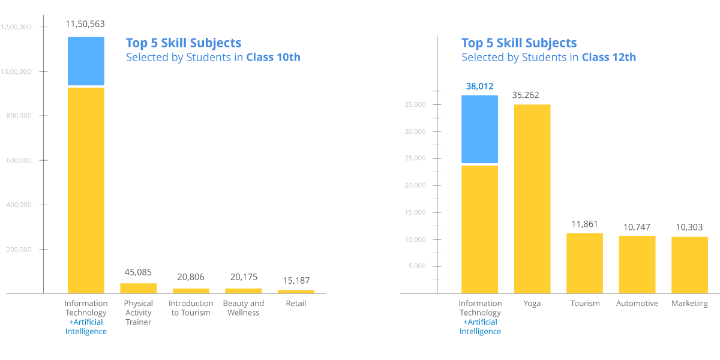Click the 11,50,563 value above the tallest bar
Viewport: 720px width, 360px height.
coord(85,25)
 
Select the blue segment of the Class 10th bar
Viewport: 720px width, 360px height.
coord(86,61)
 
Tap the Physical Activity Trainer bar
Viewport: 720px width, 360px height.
coord(139,288)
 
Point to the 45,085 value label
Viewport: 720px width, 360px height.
coord(139,272)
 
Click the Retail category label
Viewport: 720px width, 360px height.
coord(296,304)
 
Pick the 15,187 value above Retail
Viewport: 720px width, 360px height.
coord(296,281)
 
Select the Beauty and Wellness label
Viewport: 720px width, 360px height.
coord(244,308)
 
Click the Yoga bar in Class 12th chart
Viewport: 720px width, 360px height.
coord(532,198)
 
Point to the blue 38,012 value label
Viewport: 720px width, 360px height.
coord(479,86)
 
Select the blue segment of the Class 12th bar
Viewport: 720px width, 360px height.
coord(479,129)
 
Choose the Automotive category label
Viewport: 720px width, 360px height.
coord(637,304)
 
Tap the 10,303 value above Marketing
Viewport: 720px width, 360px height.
coord(689,228)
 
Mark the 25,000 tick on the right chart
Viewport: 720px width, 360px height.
coord(415,158)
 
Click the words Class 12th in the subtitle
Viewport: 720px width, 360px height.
coord(609,58)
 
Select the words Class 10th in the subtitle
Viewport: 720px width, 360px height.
coord(274,58)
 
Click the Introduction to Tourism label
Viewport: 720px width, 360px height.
coord(191,308)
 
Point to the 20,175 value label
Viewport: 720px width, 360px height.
coord(243,277)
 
